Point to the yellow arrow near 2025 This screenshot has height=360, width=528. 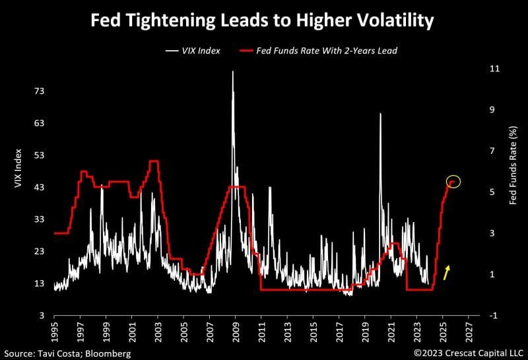pyautogui.click(x=447, y=272)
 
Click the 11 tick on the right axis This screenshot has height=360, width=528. pyautogui.click(x=493, y=69)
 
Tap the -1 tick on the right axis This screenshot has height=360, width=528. pyautogui.click(x=493, y=316)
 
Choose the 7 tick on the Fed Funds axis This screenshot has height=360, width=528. pyautogui.click(x=492, y=151)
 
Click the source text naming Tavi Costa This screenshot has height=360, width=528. pyautogui.click(x=66, y=353)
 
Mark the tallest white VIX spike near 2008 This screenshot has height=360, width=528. pyautogui.click(x=232, y=71)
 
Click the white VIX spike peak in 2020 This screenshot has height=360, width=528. pyautogui.click(x=380, y=114)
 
